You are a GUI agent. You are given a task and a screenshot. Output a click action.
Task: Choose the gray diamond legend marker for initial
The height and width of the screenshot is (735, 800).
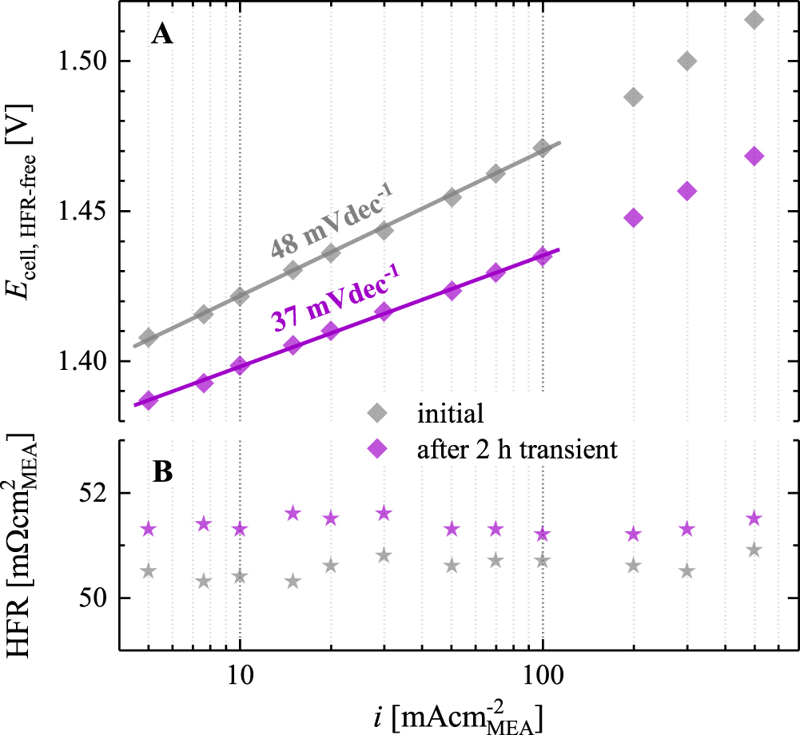click(376, 413)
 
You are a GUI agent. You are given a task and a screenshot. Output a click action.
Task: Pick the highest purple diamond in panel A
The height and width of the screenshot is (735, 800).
click(754, 157)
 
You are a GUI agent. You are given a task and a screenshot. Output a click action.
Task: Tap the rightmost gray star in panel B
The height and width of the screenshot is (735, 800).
click(754, 550)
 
